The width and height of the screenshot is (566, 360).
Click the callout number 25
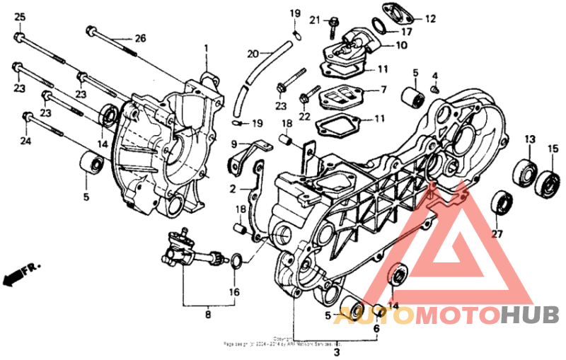click(19, 16)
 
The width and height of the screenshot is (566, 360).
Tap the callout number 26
click(140, 37)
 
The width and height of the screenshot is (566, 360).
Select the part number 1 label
click(207, 48)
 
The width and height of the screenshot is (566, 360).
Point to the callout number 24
click(27, 140)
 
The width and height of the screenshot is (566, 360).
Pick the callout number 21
click(316, 19)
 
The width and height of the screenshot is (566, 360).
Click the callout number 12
click(430, 19)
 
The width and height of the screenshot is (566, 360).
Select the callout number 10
click(401, 46)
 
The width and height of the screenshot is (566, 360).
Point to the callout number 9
click(233, 144)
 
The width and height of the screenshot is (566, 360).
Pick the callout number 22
click(305, 117)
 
